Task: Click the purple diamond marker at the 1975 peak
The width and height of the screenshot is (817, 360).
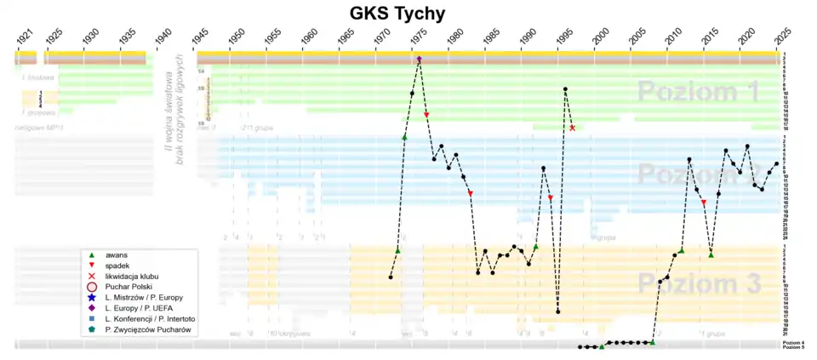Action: point(420,59)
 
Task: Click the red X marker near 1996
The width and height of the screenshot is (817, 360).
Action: point(572,128)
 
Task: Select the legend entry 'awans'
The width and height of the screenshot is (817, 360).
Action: point(117,254)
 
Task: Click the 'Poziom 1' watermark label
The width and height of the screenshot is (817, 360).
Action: point(698,92)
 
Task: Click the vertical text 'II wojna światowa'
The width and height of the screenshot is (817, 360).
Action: point(167,108)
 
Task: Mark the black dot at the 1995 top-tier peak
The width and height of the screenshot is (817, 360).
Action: point(565,89)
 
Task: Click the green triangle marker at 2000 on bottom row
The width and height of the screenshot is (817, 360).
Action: point(602,346)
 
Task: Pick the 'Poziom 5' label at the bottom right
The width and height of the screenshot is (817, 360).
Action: point(792,348)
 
